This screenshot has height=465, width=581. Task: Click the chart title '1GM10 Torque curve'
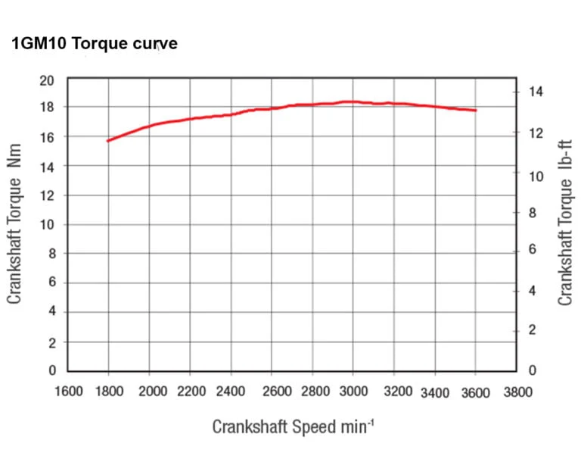95,44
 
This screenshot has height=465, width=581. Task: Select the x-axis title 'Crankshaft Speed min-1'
293,426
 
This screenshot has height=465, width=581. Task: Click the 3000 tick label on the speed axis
353,392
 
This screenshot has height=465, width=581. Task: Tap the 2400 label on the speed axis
231,392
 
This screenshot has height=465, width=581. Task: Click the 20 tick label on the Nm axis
47,80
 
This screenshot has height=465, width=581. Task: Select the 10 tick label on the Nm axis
47,225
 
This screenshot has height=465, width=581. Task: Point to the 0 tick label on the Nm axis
51,371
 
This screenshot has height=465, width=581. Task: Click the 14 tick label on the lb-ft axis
536,92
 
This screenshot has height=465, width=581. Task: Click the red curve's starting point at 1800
109,141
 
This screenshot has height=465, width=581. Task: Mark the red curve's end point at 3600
476,111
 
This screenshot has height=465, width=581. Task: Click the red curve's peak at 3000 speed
353,101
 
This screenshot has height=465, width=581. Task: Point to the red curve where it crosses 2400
231,114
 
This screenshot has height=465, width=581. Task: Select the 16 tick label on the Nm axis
47,137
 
